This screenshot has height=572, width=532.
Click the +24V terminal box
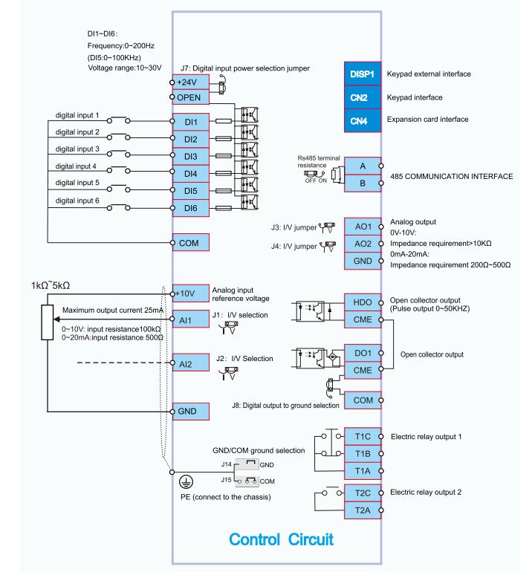[x=190, y=82]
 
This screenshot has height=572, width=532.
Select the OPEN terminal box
[x=190, y=97]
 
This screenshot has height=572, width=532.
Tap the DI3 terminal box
[x=190, y=157]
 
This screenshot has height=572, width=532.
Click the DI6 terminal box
[x=190, y=208]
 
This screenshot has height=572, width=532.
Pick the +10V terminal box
[x=190, y=293]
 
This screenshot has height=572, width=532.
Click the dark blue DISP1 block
[x=363, y=74]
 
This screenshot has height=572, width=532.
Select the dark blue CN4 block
[x=363, y=121]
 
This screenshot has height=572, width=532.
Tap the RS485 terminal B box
[x=363, y=183]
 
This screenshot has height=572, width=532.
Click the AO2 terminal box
[x=363, y=244]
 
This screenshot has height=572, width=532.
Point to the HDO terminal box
[x=363, y=302]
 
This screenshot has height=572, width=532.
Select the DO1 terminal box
[x=363, y=353]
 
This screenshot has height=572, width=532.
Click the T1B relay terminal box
[x=363, y=453]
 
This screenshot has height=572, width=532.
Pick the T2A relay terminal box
[x=363, y=510]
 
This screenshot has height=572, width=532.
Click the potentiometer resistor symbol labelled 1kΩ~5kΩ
[x=48, y=322]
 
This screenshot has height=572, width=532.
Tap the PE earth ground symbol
[x=186, y=482]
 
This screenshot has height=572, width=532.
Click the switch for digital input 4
[x=117, y=169]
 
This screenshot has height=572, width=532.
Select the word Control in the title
[x=254, y=539]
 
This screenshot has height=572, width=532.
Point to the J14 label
[x=226, y=464]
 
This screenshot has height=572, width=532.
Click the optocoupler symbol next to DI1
[x=250, y=115]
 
